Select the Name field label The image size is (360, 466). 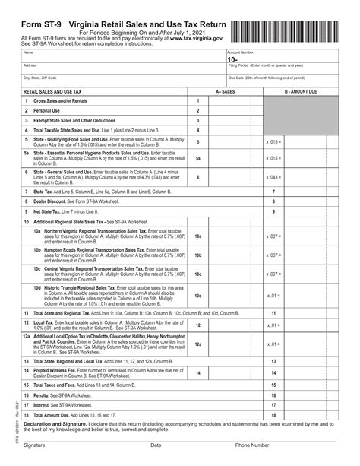[28, 52]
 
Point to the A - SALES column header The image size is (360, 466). [225, 90]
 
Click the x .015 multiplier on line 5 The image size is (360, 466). [274, 141]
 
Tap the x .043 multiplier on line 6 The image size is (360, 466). [274, 177]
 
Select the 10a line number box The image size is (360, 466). [198, 237]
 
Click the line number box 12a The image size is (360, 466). [198, 344]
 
